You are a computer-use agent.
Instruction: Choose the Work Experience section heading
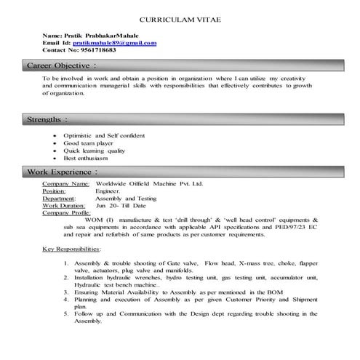click(x=60, y=172)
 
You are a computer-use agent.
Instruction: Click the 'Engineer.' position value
click(x=108, y=191)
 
